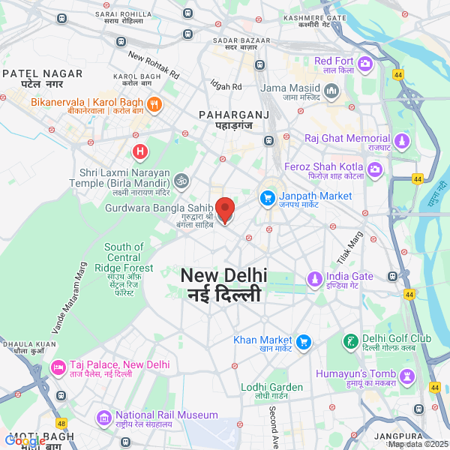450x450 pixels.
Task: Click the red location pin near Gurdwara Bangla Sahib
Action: click(225, 208)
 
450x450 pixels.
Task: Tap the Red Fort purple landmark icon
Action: click(365, 64)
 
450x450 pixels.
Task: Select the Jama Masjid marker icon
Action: click(332, 91)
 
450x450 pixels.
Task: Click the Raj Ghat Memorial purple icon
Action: click(403, 142)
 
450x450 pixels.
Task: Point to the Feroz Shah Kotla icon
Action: click(376, 172)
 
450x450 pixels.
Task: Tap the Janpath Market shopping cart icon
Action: click(267, 199)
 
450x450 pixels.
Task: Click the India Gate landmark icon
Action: click(314, 280)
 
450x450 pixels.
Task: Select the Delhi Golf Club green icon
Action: click(349, 342)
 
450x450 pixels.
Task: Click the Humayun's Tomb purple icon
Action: click(407, 376)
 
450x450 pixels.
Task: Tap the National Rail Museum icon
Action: click(103, 418)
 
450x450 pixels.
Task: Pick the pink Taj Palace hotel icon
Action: click(58, 367)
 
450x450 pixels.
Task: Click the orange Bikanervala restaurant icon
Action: click(153, 105)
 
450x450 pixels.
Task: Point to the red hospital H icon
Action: click(139, 152)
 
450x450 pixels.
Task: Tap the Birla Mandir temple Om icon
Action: click(181, 181)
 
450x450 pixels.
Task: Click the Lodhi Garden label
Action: click(271, 391)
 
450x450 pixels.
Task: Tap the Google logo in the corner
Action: click(25, 441)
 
